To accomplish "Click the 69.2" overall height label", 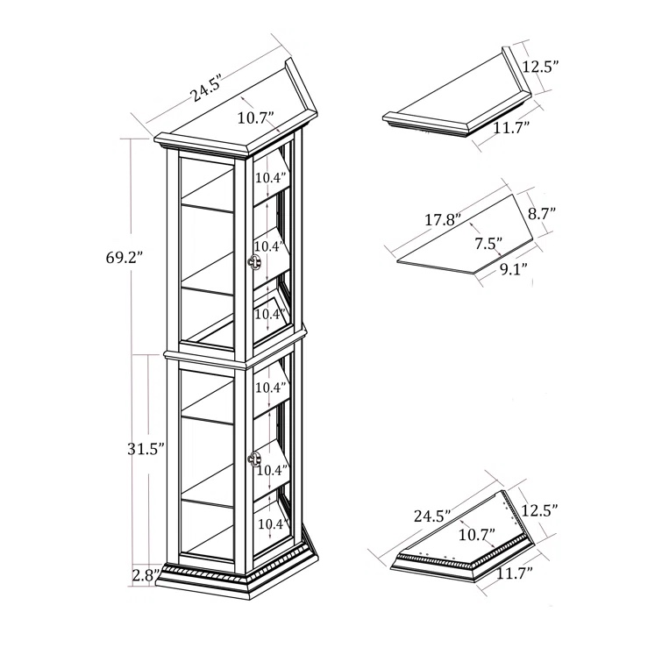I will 122,259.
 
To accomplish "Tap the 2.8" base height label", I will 145,576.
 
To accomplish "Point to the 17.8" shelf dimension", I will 443,219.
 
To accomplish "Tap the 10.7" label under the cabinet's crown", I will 255,118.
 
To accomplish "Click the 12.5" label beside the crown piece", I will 541,67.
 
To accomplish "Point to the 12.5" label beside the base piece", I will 541,509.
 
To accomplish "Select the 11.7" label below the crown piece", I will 506,129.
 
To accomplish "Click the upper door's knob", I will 256,264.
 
